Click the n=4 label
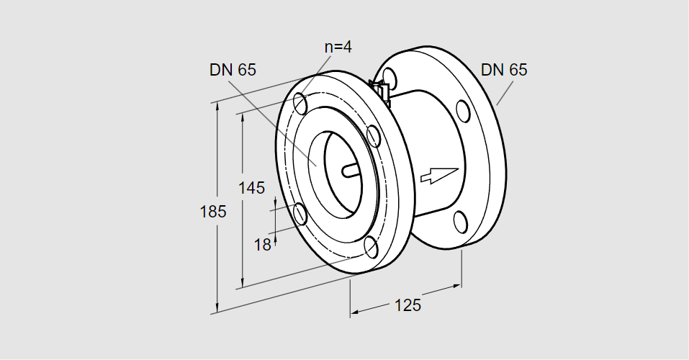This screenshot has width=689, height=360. point(338,47)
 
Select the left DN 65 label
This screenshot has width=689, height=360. point(233,70)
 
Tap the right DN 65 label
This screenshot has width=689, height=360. point(504,70)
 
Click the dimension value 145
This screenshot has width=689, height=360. point(251,188)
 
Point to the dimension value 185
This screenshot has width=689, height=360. point(213,212)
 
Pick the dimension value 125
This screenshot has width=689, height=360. point(407,305)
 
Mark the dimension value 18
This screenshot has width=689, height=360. point(262,245)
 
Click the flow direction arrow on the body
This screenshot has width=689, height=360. point(439,174)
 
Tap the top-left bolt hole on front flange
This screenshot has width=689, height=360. point(300,103)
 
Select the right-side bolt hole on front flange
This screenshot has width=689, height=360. point(373,136)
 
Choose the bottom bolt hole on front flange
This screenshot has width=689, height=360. point(371,247)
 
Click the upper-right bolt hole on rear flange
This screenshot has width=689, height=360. point(463,111)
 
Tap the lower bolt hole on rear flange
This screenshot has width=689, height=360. point(460,222)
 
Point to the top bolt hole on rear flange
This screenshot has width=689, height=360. point(389,78)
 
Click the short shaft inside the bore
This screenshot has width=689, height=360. point(351,171)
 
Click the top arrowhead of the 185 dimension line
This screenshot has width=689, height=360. point(217,108)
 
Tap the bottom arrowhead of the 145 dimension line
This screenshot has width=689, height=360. point(242,284)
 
